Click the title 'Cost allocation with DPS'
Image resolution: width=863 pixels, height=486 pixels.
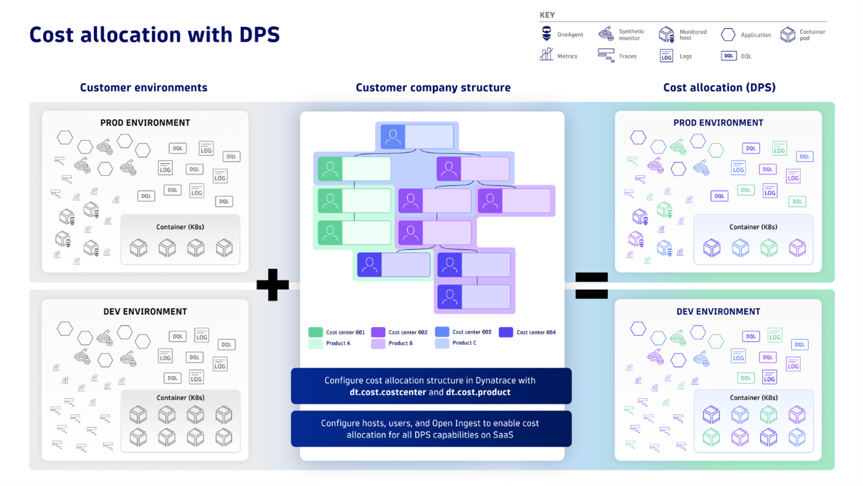click(154, 34)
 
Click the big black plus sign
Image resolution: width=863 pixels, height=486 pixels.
click(272, 285)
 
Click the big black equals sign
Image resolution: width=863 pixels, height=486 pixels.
click(591, 285)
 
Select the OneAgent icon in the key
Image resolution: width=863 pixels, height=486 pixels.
click(547, 34)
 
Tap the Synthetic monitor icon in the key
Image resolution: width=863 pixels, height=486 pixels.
click(606, 34)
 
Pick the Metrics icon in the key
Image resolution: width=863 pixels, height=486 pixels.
click(547, 55)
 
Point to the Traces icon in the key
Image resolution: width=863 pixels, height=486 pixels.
click(606, 56)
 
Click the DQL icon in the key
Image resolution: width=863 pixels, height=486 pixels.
click(728, 56)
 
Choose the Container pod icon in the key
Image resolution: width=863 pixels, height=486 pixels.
click(787, 34)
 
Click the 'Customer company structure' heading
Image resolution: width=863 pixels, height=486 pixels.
click(433, 88)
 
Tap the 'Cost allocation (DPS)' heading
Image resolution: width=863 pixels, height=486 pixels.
click(719, 88)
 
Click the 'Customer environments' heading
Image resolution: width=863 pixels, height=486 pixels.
click(143, 88)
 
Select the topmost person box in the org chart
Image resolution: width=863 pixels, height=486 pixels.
click(417, 137)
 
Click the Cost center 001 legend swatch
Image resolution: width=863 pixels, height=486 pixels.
click(316, 332)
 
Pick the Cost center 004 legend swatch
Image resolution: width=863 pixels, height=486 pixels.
click(506, 332)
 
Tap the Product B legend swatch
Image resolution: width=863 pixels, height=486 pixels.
click(378, 344)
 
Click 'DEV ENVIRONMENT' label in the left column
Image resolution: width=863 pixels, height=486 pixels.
click(145, 312)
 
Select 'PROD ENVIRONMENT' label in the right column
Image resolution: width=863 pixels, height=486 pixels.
click(718, 123)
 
